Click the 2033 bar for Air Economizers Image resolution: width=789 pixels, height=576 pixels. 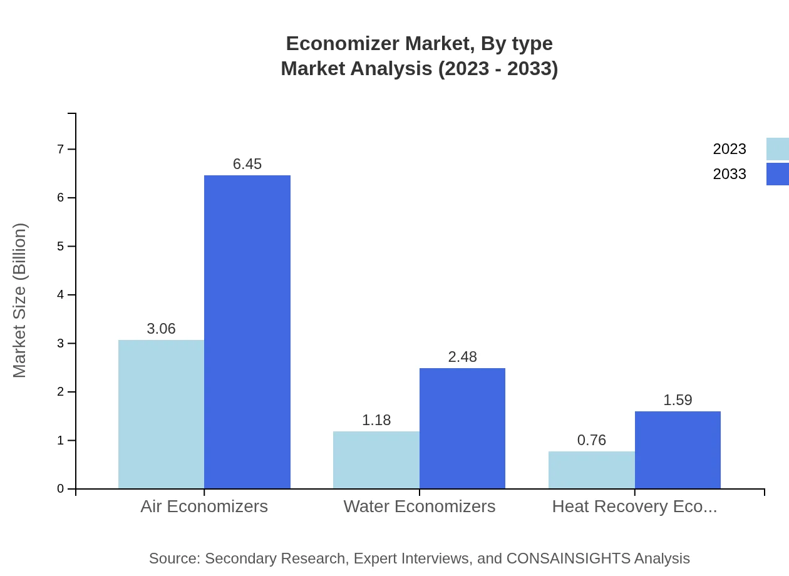[x=247, y=332]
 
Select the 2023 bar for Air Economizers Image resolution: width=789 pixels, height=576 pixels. [x=161, y=414]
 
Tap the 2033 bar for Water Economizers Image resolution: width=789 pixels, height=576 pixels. [x=462, y=428]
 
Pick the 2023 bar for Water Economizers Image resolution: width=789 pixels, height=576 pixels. [x=376, y=460]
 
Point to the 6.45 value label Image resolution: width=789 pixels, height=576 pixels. [x=247, y=164]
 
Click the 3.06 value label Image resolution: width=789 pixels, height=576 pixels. [x=161, y=329]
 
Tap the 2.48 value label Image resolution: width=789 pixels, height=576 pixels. [x=462, y=357]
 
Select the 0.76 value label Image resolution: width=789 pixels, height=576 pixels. [x=592, y=440]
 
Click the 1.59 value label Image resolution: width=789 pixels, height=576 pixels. [x=678, y=400]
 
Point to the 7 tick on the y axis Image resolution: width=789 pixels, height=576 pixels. [x=61, y=149]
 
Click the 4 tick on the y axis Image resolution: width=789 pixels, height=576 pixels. [x=61, y=295]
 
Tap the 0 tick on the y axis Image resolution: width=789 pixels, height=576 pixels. [x=61, y=489]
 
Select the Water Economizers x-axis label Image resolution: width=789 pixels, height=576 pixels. [x=420, y=507]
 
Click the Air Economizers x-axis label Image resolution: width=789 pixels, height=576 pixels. [x=204, y=507]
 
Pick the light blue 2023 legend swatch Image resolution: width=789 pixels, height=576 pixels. [x=777, y=149]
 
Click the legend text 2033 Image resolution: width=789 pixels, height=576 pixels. [x=730, y=174]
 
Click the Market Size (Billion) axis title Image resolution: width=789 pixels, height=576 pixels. [x=19, y=301]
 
